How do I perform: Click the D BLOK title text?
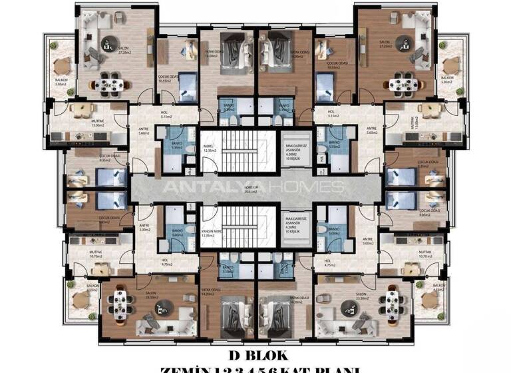coord(255,356)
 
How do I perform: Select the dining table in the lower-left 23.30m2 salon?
coord(121,303)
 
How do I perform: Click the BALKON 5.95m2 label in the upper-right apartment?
coord(447,81)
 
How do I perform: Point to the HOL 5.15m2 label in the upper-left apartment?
coord(164,115)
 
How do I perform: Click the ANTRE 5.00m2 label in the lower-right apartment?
coord(367,241)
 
